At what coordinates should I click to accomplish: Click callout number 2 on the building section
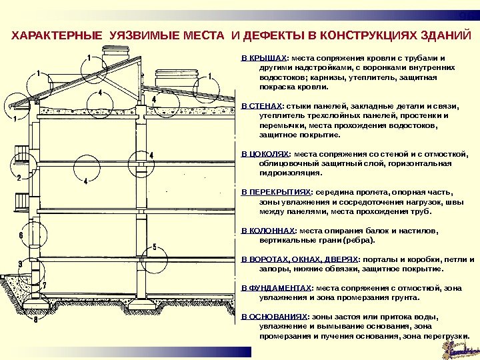[x=19, y=177]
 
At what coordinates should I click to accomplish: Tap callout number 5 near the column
[x=154, y=248]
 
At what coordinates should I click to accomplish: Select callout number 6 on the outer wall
[x=21, y=236]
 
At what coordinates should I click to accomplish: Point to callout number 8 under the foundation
[x=35, y=320]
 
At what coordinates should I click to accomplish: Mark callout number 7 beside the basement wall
[x=44, y=285]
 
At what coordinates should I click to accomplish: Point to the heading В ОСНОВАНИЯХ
[x=273, y=317]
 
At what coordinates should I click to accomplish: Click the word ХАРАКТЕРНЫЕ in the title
[x=55, y=35]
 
